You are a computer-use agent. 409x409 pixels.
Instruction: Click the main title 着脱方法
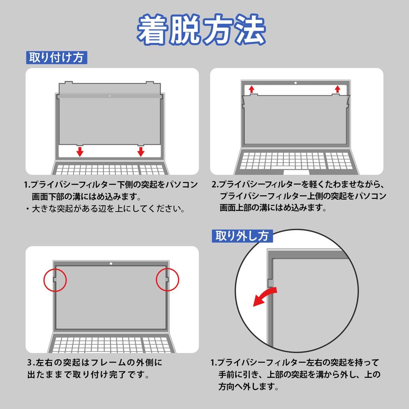click(x=202, y=30)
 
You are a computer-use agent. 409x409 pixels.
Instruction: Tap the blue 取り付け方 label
click(x=56, y=58)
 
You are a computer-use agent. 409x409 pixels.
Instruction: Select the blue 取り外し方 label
click(x=242, y=236)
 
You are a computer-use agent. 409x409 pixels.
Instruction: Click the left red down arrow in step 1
click(x=80, y=151)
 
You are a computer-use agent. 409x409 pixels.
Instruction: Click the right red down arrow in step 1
click(x=141, y=151)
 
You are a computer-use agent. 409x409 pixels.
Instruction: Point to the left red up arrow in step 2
click(x=252, y=89)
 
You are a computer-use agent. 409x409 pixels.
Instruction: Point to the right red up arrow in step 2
click(x=338, y=89)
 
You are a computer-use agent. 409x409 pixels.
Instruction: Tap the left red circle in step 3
click(x=55, y=279)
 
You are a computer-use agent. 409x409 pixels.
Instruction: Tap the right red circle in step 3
click(x=167, y=279)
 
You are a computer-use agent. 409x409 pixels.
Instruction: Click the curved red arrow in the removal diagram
click(x=265, y=298)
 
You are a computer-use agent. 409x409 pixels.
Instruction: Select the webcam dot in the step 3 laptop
click(x=111, y=264)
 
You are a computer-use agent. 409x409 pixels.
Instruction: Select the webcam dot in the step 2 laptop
click(x=295, y=83)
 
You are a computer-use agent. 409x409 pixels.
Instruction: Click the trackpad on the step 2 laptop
click(x=296, y=173)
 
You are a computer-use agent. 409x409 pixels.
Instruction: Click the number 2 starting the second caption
click(x=214, y=185)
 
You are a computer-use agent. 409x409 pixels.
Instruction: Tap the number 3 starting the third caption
click(x=30, y=363)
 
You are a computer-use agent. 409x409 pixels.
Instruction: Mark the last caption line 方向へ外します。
click(x=248, y=387)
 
